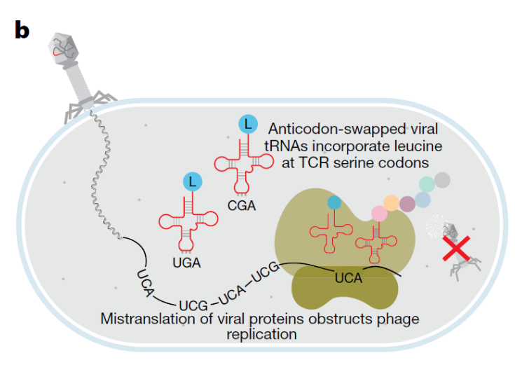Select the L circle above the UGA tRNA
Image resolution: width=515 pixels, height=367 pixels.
click(x=192, y=182)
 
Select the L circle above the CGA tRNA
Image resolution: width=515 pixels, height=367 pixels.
click(x=247, y=125)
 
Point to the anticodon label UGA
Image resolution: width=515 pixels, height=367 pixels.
click(x=186, y=263)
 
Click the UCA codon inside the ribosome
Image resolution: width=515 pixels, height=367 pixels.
click(x=348, y=277)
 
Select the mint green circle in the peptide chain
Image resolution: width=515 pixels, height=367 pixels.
click(x=426, y=184)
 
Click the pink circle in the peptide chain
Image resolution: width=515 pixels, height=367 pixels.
click(x=380, y=212)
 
